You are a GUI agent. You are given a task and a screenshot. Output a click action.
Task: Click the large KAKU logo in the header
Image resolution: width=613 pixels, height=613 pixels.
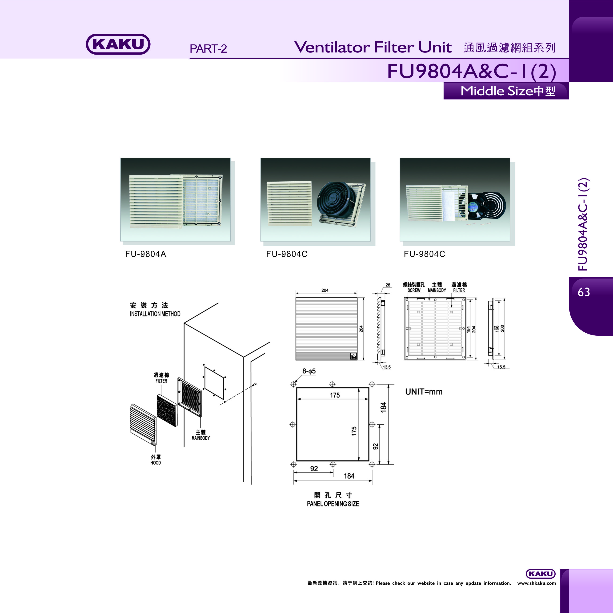coord(118,44)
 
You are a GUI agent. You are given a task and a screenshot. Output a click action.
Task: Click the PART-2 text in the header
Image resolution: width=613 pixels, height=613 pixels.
coord(208,48)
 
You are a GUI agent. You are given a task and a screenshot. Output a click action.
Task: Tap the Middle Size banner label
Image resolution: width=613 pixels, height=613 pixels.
coord(508,91)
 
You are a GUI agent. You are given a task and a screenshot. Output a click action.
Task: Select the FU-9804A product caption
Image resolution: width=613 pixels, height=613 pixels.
coord(146,254)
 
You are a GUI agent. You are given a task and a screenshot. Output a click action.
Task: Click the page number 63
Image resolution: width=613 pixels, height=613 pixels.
coord(584,292)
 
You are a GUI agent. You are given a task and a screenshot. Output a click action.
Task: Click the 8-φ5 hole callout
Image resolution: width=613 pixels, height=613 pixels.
coord(309,371)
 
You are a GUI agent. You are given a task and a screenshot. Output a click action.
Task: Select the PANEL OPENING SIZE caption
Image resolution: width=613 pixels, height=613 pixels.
coord(333,504)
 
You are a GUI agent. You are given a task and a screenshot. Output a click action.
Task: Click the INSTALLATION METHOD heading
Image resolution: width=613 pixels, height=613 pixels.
coord(155,314)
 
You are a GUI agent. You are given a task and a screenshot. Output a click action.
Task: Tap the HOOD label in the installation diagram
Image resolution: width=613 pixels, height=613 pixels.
coord(156,463)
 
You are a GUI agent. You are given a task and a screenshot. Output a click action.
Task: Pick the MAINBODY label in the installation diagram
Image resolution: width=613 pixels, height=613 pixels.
coord(201,438)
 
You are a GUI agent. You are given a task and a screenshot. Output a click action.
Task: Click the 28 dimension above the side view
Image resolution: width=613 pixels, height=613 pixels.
coord(388,285)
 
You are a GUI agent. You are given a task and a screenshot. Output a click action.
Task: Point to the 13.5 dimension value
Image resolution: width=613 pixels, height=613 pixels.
coord(387,367)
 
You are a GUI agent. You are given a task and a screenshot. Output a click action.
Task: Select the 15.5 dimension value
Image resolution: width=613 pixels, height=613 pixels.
coord(501,367)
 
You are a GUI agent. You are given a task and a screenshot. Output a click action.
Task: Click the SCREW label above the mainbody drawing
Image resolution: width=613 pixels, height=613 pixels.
coord(414,290)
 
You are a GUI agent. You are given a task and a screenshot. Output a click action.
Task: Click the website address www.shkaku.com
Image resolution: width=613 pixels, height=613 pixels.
coord(537,583)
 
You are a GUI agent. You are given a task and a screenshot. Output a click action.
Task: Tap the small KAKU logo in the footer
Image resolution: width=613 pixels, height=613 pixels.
coord(541,574)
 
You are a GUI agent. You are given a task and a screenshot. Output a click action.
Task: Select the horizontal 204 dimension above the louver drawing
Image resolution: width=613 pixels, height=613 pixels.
coord(325,290)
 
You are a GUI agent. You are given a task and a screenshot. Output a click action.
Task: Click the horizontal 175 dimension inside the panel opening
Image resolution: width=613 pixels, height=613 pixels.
coord(335,395)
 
